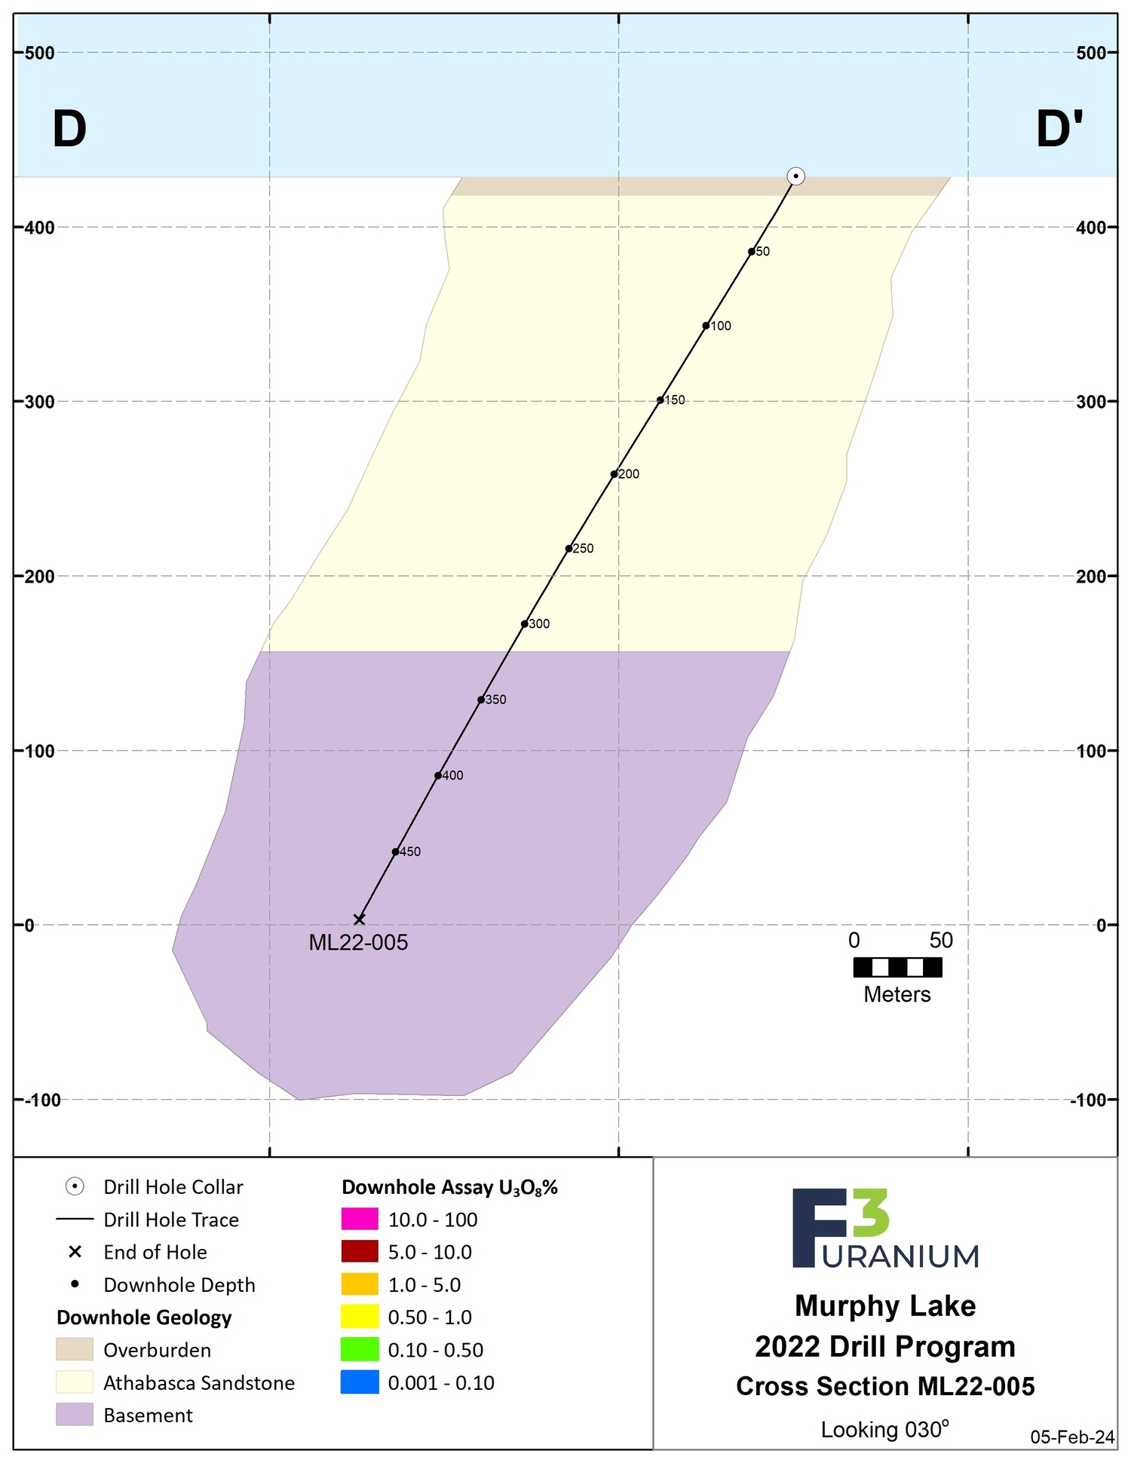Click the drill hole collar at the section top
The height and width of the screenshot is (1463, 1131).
point(795,176)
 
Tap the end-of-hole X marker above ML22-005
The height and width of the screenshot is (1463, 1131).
point(360,919)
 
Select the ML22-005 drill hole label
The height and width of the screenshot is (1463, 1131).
point(358,943)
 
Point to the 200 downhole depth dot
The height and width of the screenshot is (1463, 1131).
point(614,474)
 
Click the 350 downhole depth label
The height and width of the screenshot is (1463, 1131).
point(496,699)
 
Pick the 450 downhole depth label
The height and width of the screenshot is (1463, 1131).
point(410,852)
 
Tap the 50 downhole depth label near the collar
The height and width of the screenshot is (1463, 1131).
point(763,252)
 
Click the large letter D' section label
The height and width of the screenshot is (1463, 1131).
point(1059,129)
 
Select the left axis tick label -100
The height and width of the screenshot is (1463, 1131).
point(42,1100)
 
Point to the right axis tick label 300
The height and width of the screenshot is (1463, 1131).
point(1090,402)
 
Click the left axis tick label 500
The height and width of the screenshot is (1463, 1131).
point(39,53)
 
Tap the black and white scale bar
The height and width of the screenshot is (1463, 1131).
point(897,967)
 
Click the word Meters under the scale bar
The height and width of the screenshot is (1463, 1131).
point(897,995)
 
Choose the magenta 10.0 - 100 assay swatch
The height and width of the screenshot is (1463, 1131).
point(360,1220)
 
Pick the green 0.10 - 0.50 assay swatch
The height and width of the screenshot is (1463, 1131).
point(360,1350)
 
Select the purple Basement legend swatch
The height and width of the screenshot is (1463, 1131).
point(75,1415)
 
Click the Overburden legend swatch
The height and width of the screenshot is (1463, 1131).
point(75,1349)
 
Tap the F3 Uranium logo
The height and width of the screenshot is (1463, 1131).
point(885,1229)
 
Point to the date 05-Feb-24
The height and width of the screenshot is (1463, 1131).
point(1072,1437)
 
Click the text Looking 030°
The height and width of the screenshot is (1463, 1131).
point(884,1429)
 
